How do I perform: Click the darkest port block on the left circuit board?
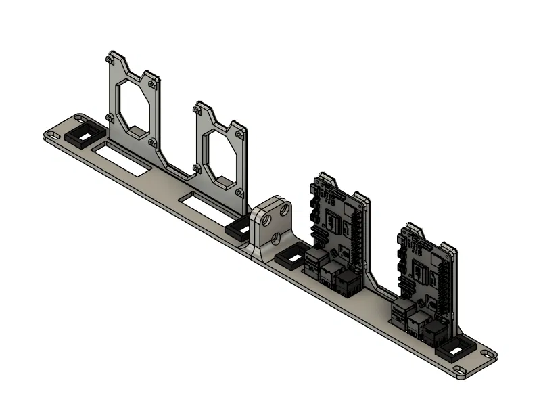(x=348, y=282)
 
